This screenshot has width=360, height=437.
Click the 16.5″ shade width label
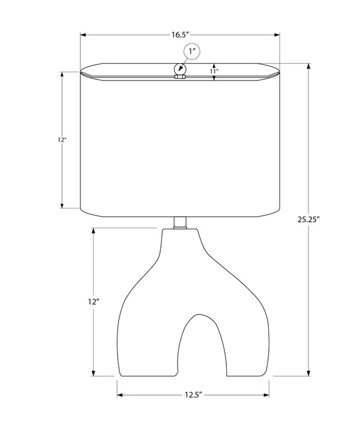click(180, 35)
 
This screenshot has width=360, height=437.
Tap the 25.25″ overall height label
click(308, 219)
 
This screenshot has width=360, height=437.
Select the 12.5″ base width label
click(193, 395)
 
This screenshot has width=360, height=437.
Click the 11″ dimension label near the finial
click(214, 71)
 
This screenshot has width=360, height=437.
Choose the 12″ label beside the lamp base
click(94, 301)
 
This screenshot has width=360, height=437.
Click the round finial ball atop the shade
click(180, 68)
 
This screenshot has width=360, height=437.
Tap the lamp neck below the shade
click(180, 223)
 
